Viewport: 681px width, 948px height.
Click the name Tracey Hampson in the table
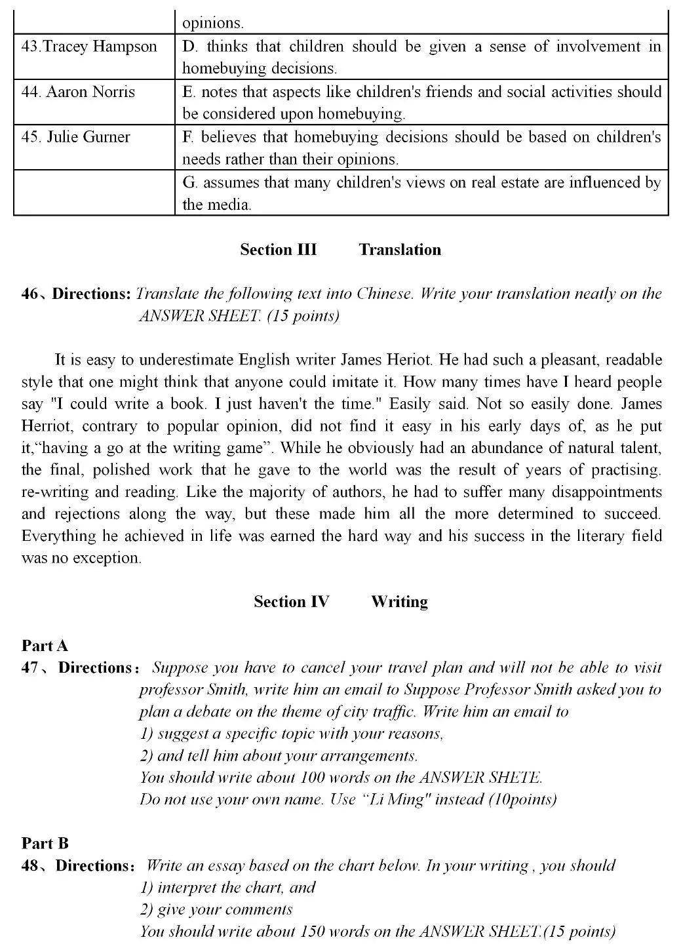point(89,47)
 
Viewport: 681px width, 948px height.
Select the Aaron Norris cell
point(78,92)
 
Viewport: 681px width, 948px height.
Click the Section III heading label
point(278,250)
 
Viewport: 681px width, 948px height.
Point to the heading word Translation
point(400,250)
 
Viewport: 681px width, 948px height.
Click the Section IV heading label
point(291,602)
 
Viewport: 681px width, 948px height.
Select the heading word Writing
point(399,602)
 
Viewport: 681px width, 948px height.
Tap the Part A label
point(45,646)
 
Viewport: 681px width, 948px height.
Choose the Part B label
point(45,844)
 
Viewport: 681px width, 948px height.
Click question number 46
point(29,294)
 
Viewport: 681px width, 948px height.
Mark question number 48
point(29,866)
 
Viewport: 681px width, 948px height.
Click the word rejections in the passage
point(86,514)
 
